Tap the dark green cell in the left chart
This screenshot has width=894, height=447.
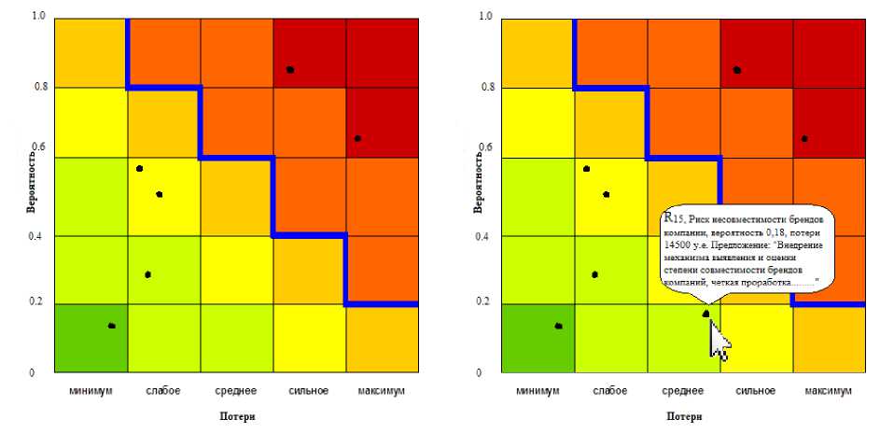click(x=90, y=338)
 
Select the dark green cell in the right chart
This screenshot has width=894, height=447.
click(x=538, y=338)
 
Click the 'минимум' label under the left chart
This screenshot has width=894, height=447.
click(x=90, y=390)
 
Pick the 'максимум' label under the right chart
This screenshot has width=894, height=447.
click(x=827, y=390)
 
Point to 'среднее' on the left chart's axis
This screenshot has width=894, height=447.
click(x=236, y=390)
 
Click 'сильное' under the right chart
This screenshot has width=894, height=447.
click(x=756, y=390)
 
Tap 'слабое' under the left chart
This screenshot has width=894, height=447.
click(x=163, y=390)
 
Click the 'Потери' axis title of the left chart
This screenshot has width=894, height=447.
click(x=236, y=417)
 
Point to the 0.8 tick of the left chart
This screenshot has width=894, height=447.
click(x=37, y=88)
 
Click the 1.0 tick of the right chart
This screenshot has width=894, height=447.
click(x=485, y=17)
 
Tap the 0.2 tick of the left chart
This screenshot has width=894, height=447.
click(x=37, y=302)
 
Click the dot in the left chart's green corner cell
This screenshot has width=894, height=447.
click(x=111, y=326)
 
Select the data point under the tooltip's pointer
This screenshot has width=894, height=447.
click(x=706, y=313)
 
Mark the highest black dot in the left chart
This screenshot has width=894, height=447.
click(x=290, y=70)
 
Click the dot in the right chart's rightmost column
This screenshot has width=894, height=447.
click(x=804, y=139)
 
